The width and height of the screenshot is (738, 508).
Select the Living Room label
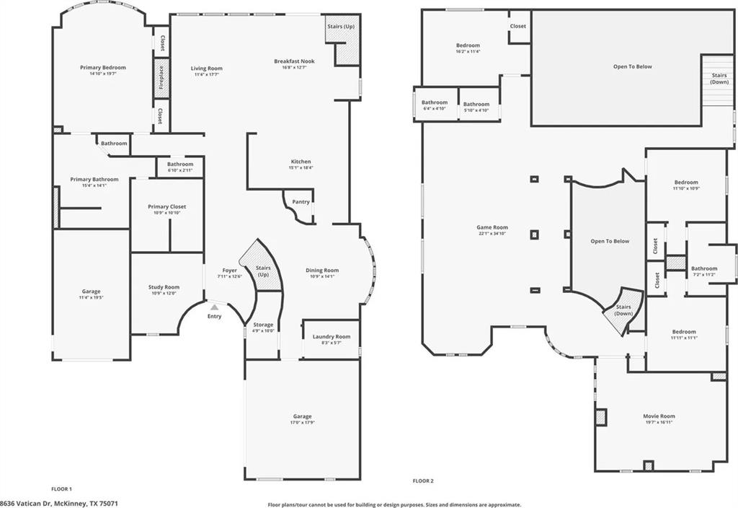(206, 69)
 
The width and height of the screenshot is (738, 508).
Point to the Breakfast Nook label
(294, 61)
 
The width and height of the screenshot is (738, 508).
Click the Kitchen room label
(301, 161)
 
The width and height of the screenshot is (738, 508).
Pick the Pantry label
(301, 202)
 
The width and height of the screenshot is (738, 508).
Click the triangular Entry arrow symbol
(214, 307)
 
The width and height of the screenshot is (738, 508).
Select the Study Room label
(164, 286)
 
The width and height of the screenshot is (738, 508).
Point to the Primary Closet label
(166, 206)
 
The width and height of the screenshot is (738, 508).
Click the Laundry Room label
(332, 336)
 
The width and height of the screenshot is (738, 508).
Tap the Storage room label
(263, 325)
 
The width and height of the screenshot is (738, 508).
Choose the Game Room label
(492, 227)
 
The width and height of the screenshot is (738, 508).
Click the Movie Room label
(659, 416)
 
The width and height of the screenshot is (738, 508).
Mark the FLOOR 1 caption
(61, 489)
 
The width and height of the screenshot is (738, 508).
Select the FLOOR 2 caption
(423, 481)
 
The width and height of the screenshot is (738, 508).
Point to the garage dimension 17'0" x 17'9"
(302, 423)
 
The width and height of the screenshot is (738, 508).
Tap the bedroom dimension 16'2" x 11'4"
(468, 52)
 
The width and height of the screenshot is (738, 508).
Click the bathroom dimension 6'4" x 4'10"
(435, 108)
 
